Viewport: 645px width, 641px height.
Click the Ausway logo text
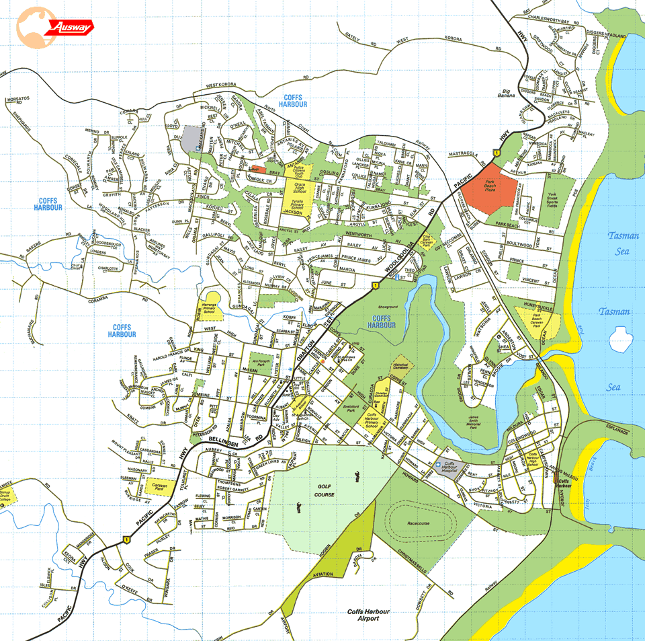pos(73,28)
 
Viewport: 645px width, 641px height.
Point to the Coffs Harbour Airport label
pos(368,616)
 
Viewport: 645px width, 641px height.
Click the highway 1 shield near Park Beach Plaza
pos(495,154)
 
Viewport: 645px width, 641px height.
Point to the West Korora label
pos(222,85)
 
